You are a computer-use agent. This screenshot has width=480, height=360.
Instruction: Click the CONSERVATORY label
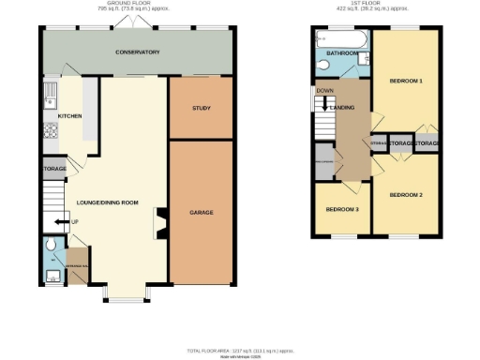coord(138,52)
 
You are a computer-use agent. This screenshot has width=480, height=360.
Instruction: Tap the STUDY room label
coord(200,109)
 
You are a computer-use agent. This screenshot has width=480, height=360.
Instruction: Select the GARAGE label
coord(201,213)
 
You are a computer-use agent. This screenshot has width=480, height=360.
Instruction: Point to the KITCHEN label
coord(69,116)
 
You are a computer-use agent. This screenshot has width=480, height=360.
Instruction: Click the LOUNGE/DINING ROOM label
coord(107,202)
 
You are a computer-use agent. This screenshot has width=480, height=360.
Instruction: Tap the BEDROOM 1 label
coord(406,82)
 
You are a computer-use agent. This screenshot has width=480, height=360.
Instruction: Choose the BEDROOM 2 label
coord(406,194)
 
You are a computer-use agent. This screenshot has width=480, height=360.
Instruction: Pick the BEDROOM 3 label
coord(343,208)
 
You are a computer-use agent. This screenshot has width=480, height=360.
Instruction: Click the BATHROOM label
coord(340,54)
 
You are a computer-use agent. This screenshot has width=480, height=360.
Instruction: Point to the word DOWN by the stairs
coord(325,91)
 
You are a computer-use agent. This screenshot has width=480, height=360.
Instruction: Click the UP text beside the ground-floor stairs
coord(76,221)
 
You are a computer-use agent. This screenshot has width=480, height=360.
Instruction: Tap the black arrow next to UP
coord(61,221)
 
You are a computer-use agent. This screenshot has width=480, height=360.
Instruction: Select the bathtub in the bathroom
coord(331,40)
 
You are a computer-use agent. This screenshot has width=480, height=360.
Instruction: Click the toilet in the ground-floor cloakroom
coord(52,249)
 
